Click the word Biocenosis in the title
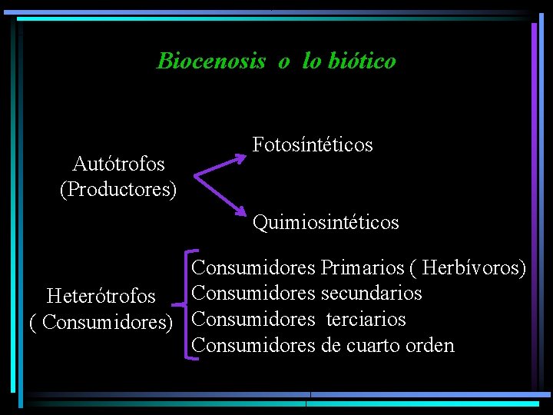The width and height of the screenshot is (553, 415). pyautogui.click(x=211, y=61)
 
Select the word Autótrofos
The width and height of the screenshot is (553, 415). pyautogui.click(x=118, y=164)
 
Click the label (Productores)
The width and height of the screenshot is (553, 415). pyautogui.click(x=118, y=188)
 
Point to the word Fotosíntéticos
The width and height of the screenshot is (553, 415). pyautogui.click(x=313, y=144)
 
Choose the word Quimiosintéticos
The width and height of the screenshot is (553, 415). pyautogui.click(x=326, y=223)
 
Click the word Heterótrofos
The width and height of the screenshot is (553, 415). pyautogui.click(x=101, y=295)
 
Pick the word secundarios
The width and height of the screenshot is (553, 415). pyautogui.click(x=371, y=294)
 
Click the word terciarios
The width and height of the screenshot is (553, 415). pyautogui.click(x=366, y=319)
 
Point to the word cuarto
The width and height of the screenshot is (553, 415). pyautogui.click(x=375, y=345)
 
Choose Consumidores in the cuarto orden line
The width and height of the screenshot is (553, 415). pyautogui.click(x=253, y=345)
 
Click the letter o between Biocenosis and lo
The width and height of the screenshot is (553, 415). pyautogui.click(x=284, y=61)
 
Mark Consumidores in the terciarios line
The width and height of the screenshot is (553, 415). pyautogui.click(x=253, y=319)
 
